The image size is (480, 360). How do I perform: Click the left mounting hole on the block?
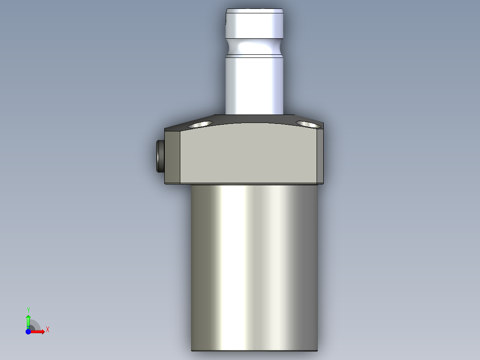[200, 124]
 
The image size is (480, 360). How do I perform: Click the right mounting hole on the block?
[309, 124]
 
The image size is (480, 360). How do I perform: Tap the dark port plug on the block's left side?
[160, 156]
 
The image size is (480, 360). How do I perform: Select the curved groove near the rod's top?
[254, 46]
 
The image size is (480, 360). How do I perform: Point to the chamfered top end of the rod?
[254, 10]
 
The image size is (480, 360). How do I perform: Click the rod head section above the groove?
[254, 26]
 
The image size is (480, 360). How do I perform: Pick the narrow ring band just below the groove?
[254, 57]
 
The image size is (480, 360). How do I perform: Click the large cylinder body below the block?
[254, 267]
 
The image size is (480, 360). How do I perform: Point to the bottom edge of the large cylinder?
[254, 350]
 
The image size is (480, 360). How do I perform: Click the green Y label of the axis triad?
[28, 310]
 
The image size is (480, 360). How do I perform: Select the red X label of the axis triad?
[48, 330]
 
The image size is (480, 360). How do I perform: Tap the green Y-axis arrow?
[28, 320]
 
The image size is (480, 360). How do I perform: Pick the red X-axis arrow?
[39, 331]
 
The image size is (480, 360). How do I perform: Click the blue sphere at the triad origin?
[28, 331]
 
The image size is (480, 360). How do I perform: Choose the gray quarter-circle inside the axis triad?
[34, 326]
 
